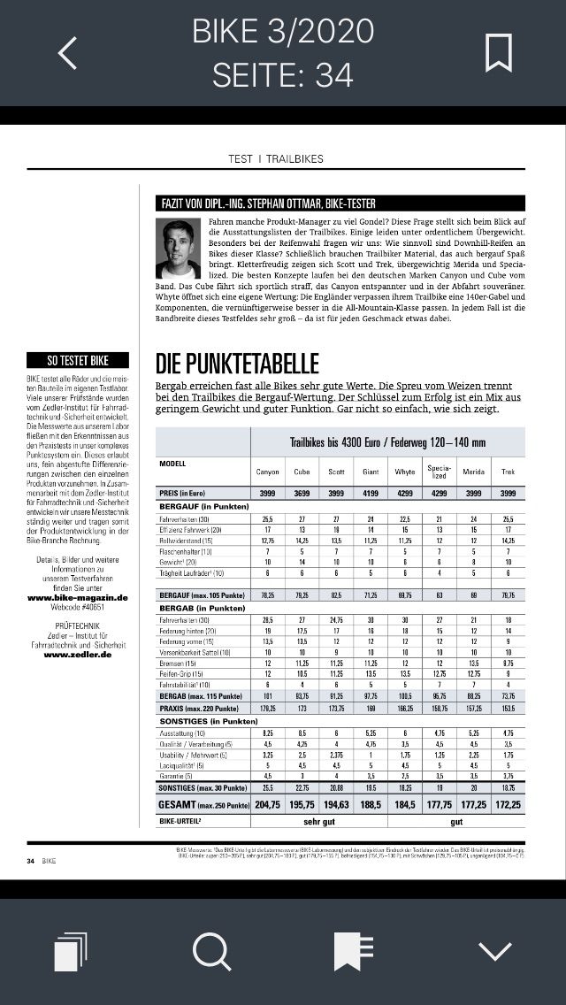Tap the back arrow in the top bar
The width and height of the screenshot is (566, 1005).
click(67, 53)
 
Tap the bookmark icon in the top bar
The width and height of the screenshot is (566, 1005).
click(499, 53)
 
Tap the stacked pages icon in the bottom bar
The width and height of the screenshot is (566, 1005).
click(71, 953)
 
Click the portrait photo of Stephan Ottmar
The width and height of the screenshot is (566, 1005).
click(178, 249)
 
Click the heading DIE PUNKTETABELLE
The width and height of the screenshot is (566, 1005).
click(237, 364)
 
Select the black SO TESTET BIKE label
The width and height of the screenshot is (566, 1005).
click(78, 360)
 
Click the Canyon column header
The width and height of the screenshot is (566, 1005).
click(267, 472)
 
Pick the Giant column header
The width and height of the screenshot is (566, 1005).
click(371, 472)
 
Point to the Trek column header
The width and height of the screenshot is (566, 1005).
click(508, 472)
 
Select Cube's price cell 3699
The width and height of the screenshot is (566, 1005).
click(302, 493)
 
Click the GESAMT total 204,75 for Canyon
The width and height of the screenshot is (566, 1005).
click(267, 807)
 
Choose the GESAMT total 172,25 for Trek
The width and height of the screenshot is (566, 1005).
click(508, 807)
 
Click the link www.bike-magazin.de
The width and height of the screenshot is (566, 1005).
click(78, 597)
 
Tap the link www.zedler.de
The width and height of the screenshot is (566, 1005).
click(78, 654)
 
